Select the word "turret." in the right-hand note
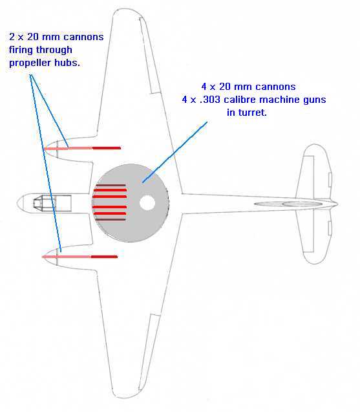click(247, 113)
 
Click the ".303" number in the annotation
click(210, 100)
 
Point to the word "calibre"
click(240, 100)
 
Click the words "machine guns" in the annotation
click(293, 100)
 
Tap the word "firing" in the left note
click(21, 50)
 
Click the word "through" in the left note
click(54, 50)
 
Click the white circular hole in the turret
click(147, 203)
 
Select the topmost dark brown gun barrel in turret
click(111, 186)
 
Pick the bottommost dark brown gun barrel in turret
click(110, 219)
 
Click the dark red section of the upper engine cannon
click(107, 148)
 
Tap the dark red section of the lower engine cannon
click(104, 256)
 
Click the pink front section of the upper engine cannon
click(69, 149)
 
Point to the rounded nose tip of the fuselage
click(17, 203)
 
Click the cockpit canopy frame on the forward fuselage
click(52, 203)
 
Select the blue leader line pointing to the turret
click(175, 152)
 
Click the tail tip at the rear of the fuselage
click(337, 204)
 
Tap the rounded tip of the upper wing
click(126, 10)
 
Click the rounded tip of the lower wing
click(125, 397)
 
